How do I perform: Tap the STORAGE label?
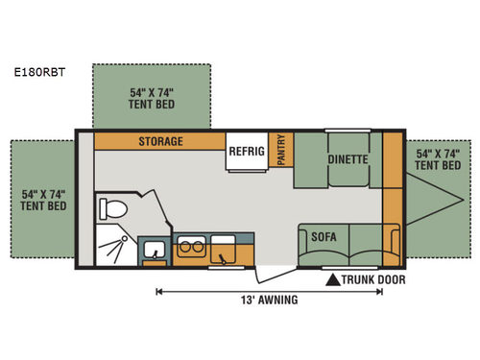point(159,141)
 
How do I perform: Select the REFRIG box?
point(246,152)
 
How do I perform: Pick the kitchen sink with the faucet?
point(227,250)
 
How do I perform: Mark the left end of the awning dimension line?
point(157,290)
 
